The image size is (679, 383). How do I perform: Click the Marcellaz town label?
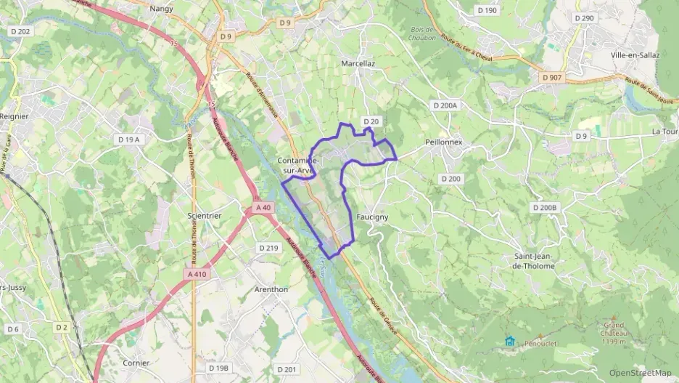click(358, 64)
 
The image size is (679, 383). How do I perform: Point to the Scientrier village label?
click(205, 216)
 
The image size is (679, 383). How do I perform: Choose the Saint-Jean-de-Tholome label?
click(534, 261)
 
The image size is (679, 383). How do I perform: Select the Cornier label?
click(136, 363)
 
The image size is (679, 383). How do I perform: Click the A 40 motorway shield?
click(263, 208)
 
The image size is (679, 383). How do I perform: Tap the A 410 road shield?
click(197, 274)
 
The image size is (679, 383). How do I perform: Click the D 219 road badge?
click(268, 248)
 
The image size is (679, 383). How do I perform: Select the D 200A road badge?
click(445, 106)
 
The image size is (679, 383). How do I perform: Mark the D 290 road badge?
click(583, 17)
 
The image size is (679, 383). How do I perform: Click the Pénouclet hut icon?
click(510, 341)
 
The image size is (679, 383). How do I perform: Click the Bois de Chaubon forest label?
click(421, 33)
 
